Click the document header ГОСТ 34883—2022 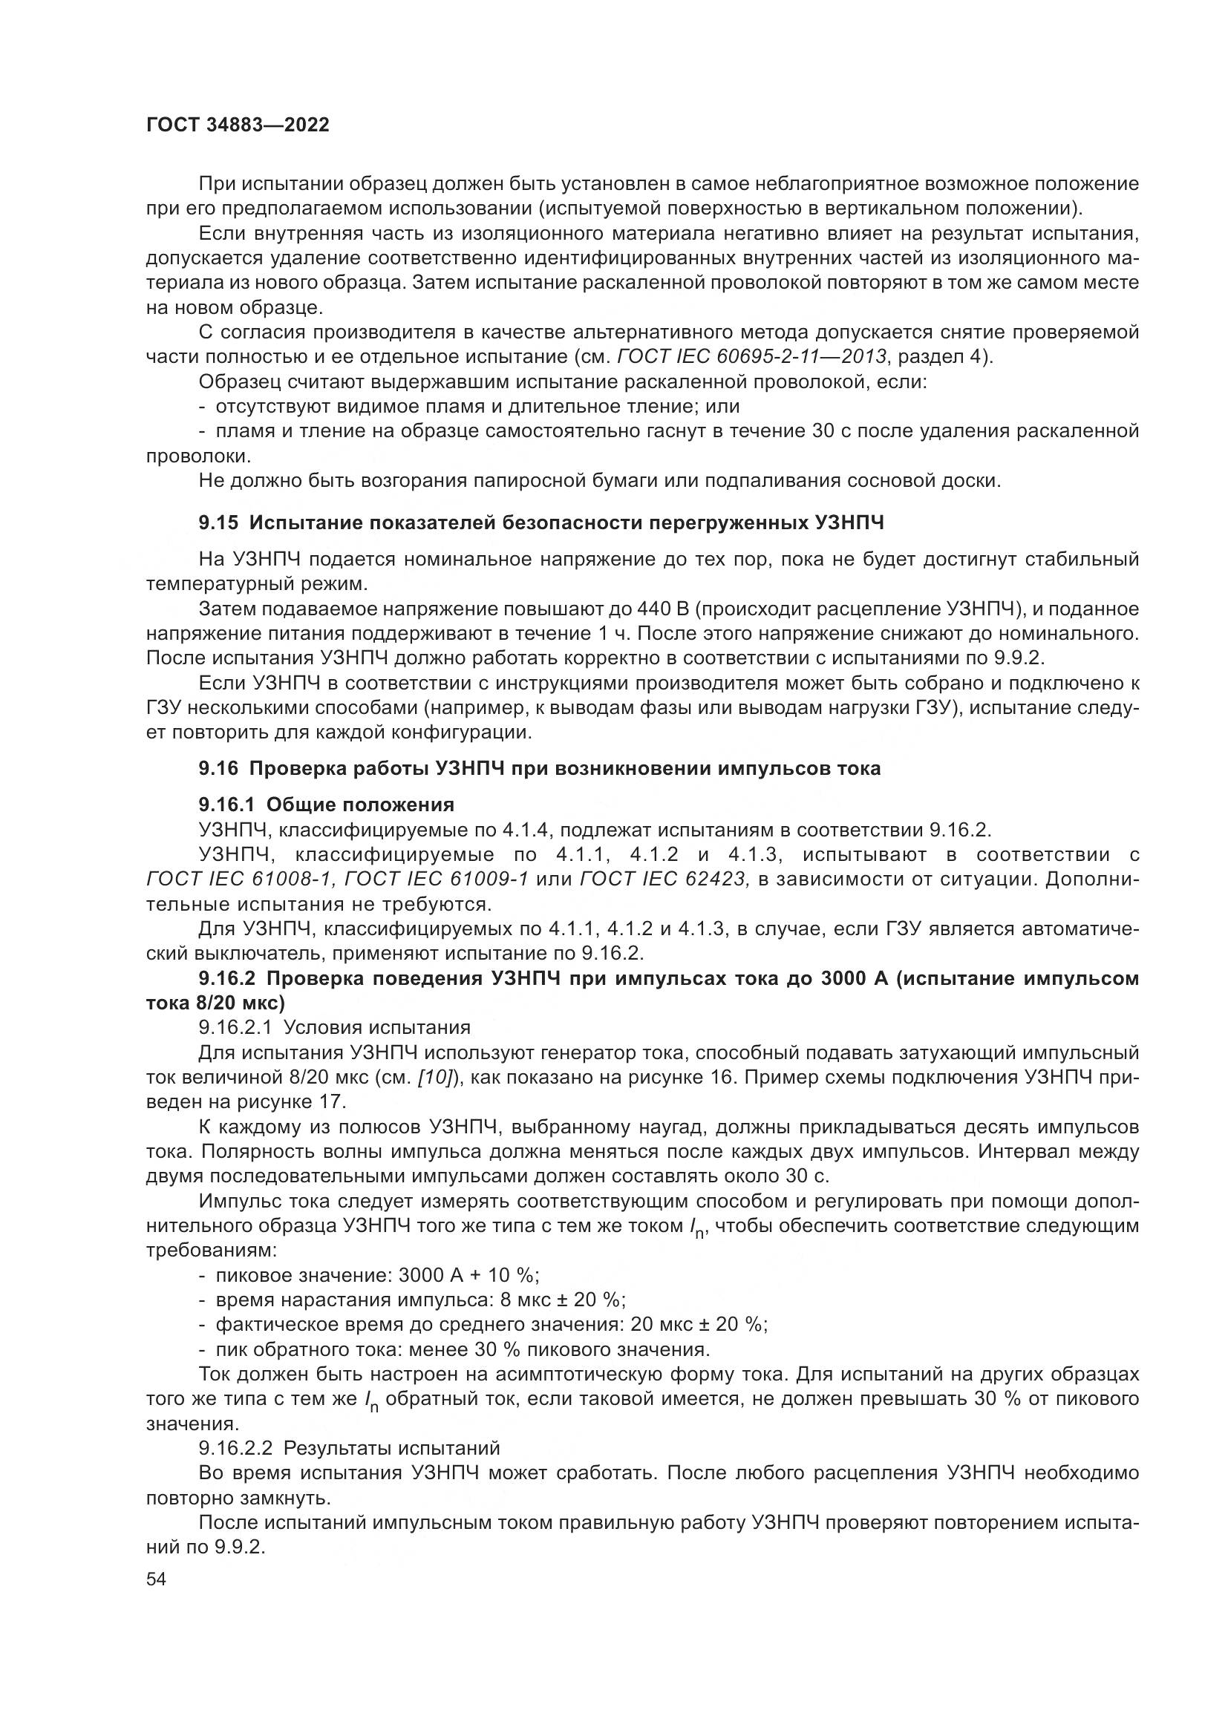[238, 125]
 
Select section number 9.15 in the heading [218, 523]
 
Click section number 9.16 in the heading [218, 769]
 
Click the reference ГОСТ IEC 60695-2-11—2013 [751, 357]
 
